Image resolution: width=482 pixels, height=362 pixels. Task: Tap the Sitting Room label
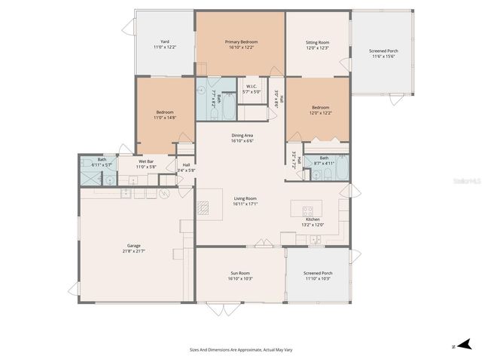317,43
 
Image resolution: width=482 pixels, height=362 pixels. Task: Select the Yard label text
164,41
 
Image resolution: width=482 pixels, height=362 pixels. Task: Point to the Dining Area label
242,135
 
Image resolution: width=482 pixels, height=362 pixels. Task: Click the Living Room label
246,198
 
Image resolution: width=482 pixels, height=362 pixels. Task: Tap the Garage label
133,246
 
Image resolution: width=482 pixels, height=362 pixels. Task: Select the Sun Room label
239,273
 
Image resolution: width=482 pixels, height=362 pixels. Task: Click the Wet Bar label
145,161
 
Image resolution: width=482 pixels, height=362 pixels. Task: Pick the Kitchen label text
313,219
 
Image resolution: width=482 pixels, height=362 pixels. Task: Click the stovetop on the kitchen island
307,210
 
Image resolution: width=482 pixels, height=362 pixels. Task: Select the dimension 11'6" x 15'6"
383,56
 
